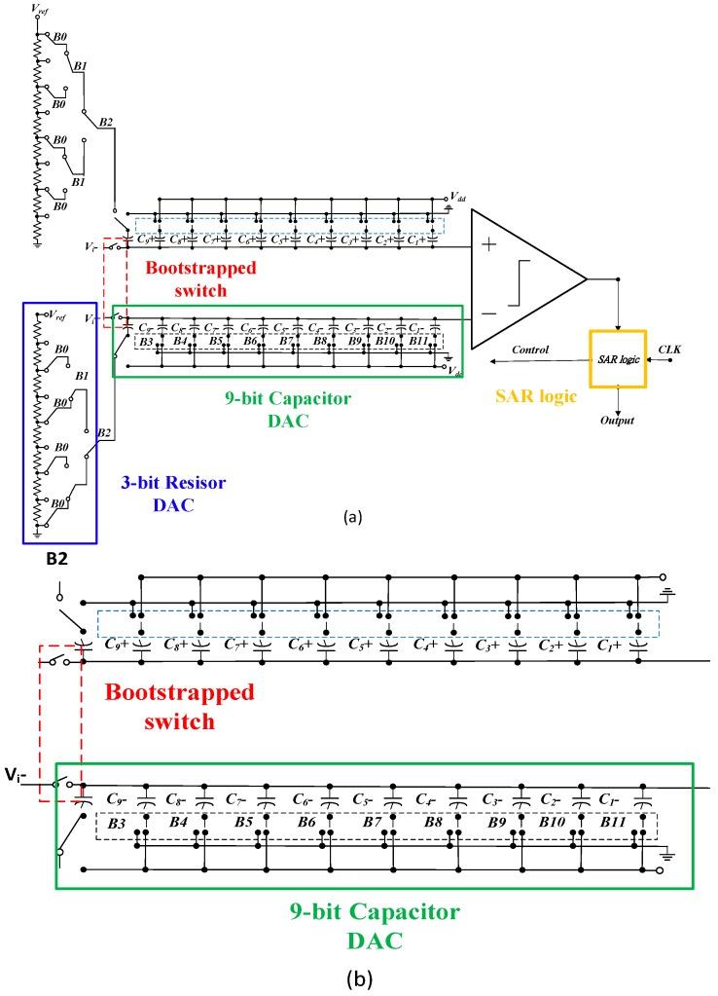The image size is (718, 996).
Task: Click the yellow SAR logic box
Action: point(617,359)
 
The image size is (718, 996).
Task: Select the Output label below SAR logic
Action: point(617,421)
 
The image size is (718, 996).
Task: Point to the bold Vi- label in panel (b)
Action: point(21,780)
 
